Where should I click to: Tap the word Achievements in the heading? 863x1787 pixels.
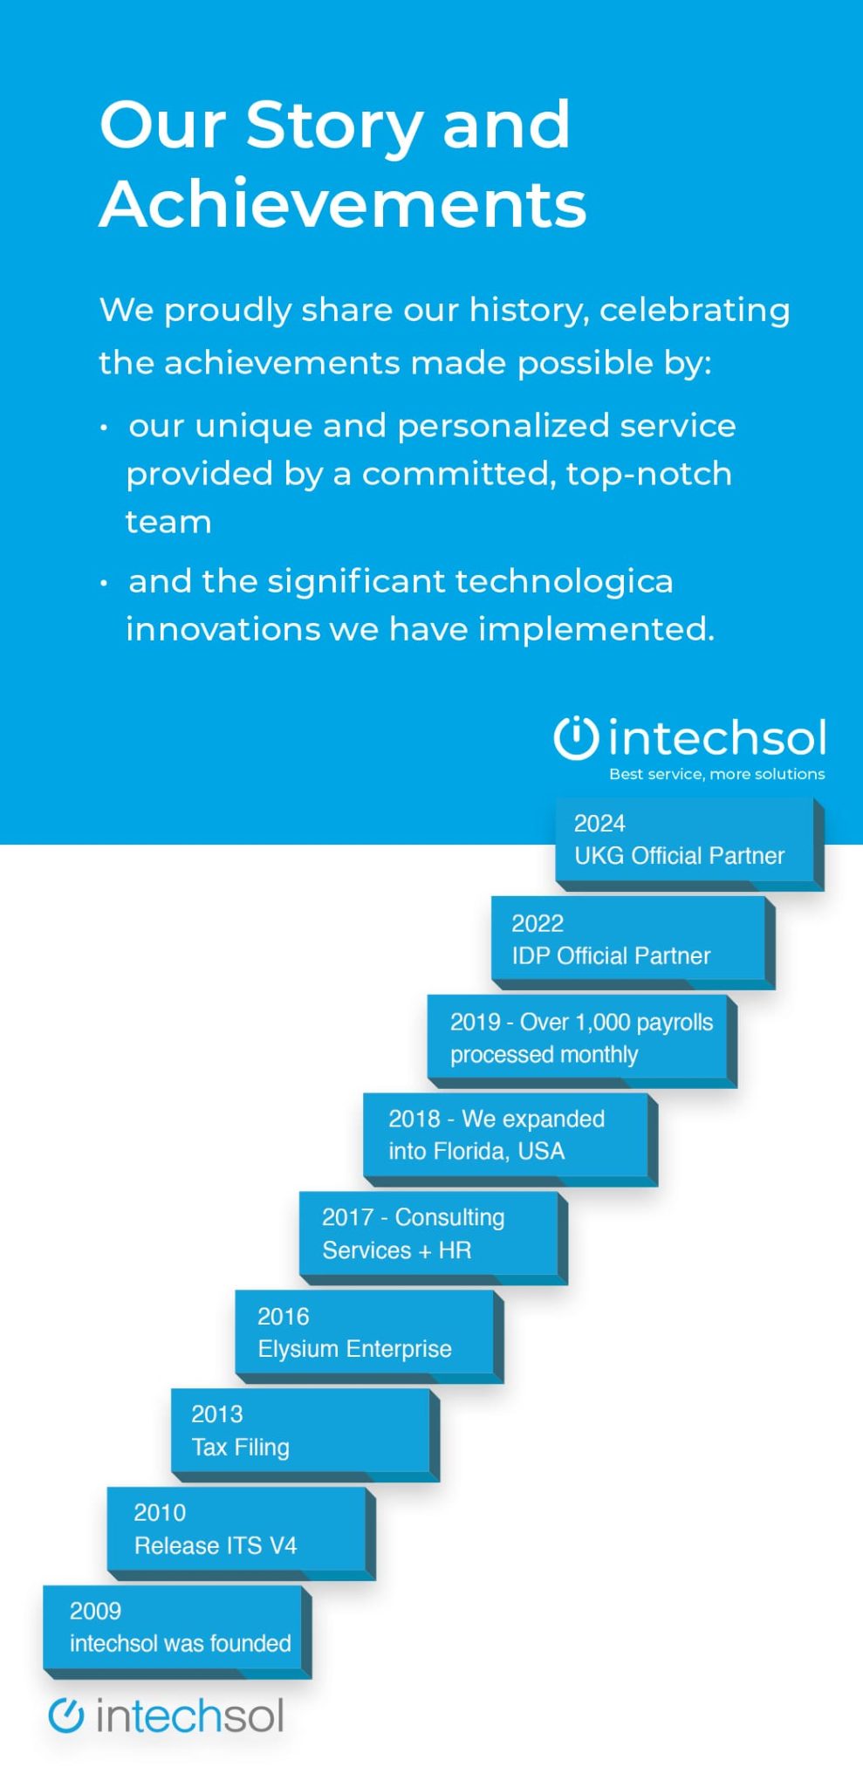[x=343, y=205]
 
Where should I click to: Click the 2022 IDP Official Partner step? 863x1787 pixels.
[x=628, y=940]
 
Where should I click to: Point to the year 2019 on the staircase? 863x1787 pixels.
[x=475, y=1022]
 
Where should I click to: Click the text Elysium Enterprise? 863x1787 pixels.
[x=354, y=1349]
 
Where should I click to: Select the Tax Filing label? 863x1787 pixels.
[x=240, y=1448]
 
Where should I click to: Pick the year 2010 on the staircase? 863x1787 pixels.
[x=160, y=1512]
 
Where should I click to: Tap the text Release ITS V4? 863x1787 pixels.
[x=216, y=1546]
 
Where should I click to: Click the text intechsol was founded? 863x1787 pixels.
[x=180, y=1644]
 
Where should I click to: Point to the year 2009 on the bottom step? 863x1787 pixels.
[x=95, y=1611]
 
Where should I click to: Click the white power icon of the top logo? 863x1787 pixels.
[x=576, y=738]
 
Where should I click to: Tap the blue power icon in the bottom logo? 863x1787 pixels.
[x=66, y=1715]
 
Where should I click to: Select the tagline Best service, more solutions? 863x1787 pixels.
[x=716, y=774]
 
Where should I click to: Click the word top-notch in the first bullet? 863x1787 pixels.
[x=649, y=474]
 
